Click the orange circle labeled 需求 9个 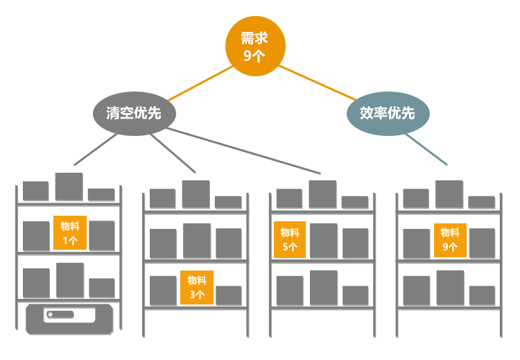255,46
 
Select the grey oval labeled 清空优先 135,113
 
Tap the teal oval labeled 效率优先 388,113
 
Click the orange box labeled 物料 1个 70,233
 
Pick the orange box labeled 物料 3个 197,287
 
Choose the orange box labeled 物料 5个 290,239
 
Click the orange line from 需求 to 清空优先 200,84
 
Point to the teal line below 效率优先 426,149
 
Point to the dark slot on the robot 60,315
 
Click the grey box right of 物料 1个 102,237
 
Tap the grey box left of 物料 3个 164,291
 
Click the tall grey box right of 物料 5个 324,241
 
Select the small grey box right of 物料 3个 229,295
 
